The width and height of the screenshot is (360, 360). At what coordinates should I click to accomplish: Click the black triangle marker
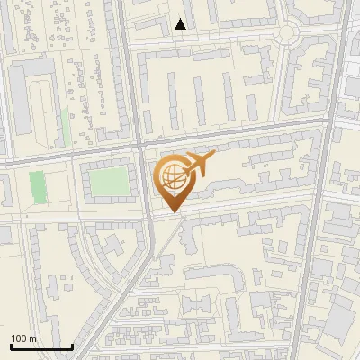click(181, 24)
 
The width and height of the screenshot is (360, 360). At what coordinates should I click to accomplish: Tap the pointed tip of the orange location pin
click(172, 212)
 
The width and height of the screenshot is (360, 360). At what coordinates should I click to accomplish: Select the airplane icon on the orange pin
click(199, 163)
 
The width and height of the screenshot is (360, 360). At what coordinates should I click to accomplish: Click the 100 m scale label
click(23, 338)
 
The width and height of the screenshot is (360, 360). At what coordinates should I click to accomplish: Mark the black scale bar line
click(41, 346)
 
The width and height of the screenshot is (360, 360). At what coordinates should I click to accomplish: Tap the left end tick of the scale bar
click(11, 345)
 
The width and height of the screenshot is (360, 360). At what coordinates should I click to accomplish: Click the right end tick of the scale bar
click(72, 345)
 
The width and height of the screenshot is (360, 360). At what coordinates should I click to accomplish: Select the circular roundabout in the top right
click(287, 33)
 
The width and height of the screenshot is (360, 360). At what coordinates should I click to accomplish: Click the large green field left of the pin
click(107, 183)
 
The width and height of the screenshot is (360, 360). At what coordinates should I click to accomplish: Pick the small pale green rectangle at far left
click(36, 186)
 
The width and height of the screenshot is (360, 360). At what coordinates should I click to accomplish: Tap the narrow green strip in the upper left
click(65, 126)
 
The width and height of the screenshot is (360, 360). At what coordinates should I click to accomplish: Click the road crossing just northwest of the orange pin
click(141, 142)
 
